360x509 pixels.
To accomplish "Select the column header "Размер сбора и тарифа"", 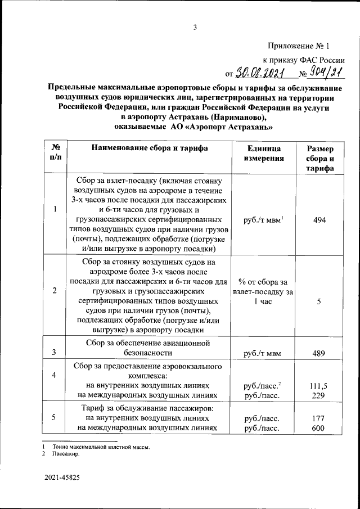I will [319, 159].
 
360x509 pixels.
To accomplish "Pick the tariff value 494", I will [319, 221].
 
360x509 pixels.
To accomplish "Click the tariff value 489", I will [319, 353].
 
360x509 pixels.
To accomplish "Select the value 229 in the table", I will [319, 395].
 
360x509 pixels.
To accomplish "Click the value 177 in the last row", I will [319, 418].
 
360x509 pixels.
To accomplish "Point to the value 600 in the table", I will [319, 428].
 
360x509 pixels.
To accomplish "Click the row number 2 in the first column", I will [55, 291].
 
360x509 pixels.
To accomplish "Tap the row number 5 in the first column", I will [55, 417].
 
